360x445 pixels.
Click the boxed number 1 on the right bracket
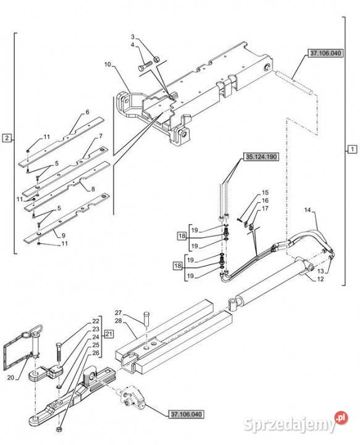click(352, 149)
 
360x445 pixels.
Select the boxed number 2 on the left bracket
click(7, 138)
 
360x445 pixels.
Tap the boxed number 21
click(109, 334)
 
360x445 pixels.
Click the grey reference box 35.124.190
click(261, 156)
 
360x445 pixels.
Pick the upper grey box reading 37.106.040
click(325, 53)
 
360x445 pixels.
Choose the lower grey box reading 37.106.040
click(186, 414)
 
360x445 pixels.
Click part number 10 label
click(107, 64)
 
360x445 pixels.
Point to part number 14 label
click(308, 210)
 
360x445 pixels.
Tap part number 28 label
click(118, 320)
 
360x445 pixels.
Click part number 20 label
click(10, 378)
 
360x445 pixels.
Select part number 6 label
click(87, 112)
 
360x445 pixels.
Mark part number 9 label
click(64, 235)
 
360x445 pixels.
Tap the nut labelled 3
click(156, 59)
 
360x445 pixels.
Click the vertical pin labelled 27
click(147, 319)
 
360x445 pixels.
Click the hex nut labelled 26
click(59, 429)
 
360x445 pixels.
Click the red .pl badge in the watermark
click(341, 417)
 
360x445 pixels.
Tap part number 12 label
click(320, 279)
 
